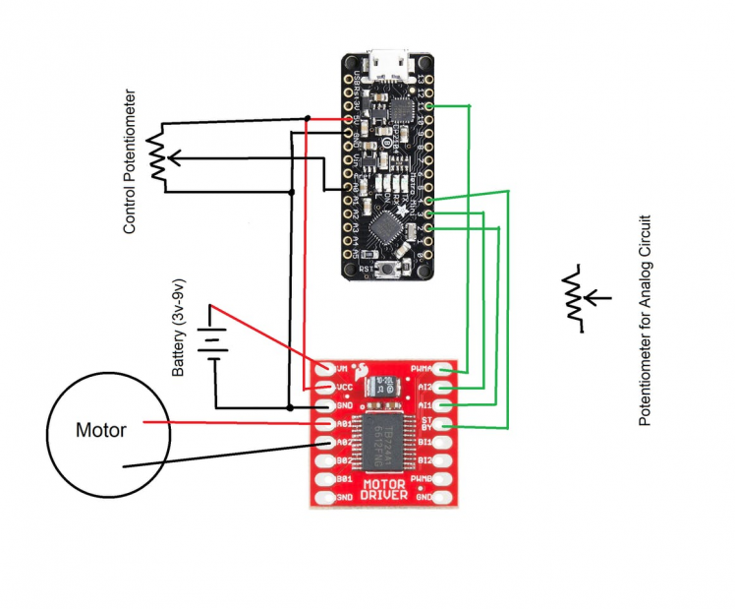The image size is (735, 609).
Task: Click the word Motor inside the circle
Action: [x=101, y=431]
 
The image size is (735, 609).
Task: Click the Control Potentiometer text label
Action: [x=129, y=162]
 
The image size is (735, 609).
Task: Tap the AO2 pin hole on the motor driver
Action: [x=326, y=443]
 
